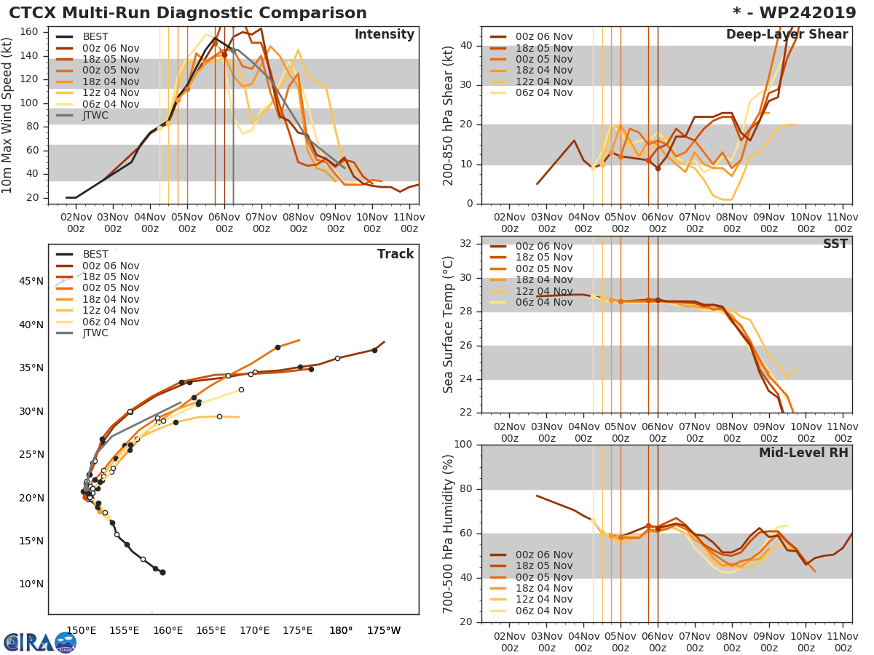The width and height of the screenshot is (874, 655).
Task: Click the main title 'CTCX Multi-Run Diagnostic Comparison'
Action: [188, 13]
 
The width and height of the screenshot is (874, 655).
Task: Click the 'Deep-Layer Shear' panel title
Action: [787, 35]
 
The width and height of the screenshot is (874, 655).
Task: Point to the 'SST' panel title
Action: [835, 244]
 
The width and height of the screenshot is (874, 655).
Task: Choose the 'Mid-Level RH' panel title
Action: [803, 453]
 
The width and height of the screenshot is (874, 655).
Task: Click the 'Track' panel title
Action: [395, 254]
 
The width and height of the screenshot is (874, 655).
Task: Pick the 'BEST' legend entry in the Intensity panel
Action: [95, 36]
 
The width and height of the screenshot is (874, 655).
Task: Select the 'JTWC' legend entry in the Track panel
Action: [95, 333]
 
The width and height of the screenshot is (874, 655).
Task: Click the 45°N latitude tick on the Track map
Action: [32, 282]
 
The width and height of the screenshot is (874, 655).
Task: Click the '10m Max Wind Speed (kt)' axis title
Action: [9, 116]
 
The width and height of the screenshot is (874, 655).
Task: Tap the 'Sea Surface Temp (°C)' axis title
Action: [449, 325]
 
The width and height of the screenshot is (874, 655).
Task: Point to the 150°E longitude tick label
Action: [81, 630]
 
